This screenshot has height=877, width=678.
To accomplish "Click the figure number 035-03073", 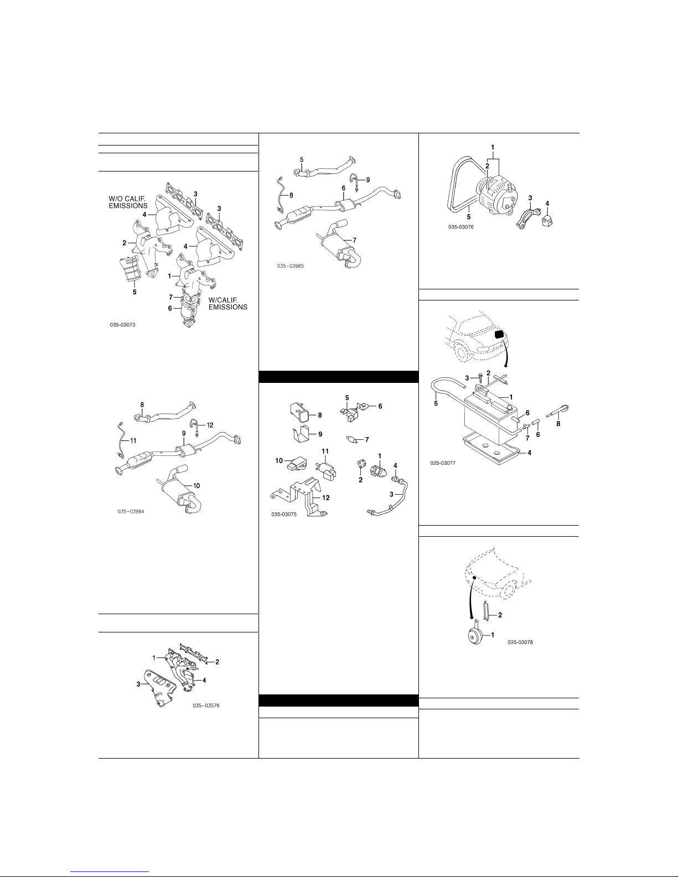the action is [x=122, y=325].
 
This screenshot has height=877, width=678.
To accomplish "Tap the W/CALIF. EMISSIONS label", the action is [x=227, y=304].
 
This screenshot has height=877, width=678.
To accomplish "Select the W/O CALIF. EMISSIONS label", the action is [x=128, y=202].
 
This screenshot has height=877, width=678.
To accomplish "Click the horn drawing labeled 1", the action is [x=475, y=636].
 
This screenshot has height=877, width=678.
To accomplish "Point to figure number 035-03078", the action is [x=520, y=642].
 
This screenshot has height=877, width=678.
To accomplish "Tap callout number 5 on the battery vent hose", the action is [x=436, y=403].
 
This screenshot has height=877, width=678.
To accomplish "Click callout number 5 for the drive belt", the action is [x=469, y=217].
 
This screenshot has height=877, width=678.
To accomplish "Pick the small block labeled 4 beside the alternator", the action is [x=547, y=221].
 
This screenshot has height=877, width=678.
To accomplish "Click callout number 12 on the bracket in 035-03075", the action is [x=325, y=497].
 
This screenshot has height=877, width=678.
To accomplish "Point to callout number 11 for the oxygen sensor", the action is [x=133, y=441].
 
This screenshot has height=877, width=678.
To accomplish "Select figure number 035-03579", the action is [x=206, y=705].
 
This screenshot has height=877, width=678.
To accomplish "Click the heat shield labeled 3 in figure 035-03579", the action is [x=161, y=688].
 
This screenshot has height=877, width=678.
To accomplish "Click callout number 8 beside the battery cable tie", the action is [x=558, y=424].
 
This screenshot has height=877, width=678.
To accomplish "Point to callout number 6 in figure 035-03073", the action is [x=170, y=308].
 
